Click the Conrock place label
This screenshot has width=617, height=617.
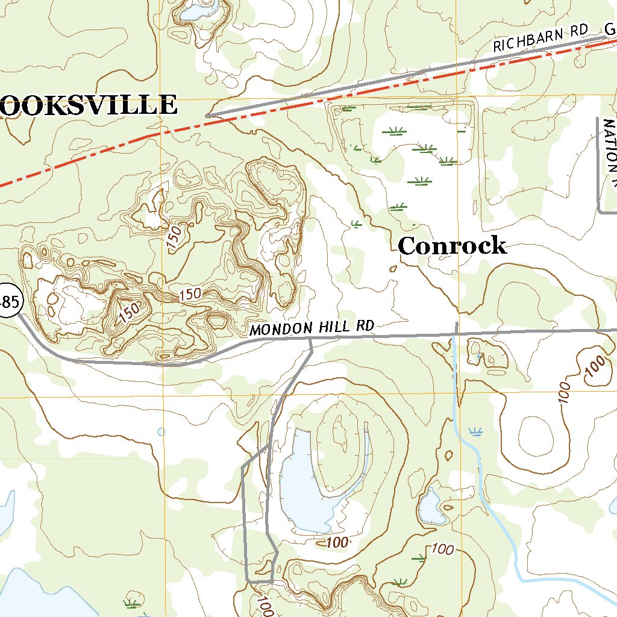[x=452, y=246]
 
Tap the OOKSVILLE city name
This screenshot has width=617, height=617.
[x=89, y=105]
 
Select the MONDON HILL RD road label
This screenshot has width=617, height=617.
[x=312, y=328]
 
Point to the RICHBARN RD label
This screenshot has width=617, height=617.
[x=540, y=39]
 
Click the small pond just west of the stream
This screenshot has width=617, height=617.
[x=431, y=507]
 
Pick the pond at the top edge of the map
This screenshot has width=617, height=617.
[x=199, y=11]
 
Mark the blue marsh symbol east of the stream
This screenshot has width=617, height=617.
[x=476, y=431]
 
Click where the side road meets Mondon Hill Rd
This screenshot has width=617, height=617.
[x=310, y=339]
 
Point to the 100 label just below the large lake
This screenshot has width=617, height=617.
[x=337, y=542]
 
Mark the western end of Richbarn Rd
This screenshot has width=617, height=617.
[x=207, y=115]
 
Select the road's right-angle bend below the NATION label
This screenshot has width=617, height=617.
[x=599, y=211]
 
